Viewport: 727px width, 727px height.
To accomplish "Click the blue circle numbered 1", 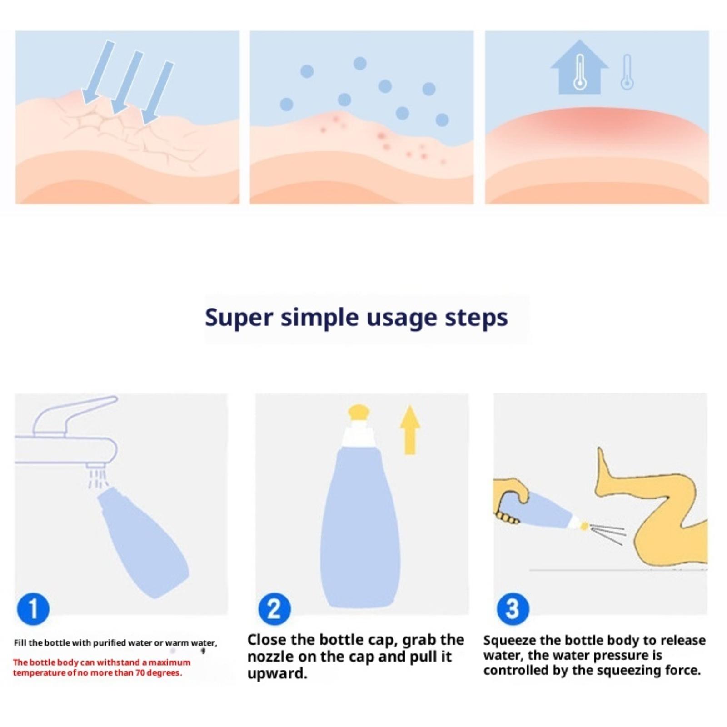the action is pos(33,609).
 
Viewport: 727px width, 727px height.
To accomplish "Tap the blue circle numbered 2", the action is pos(274,609).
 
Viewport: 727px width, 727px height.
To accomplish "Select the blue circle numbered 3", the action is pos(513,609).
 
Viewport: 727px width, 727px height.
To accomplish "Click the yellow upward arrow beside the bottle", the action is pos(410,429).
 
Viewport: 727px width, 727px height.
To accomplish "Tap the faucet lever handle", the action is pos(73,413).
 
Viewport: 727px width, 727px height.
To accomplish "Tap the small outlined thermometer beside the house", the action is pos(627,72).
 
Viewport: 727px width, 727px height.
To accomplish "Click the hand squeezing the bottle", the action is pos(511,500).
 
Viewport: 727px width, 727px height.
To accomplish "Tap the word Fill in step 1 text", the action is pos(20,643).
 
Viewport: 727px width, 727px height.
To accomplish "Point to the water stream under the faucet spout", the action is pos(98,478).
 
